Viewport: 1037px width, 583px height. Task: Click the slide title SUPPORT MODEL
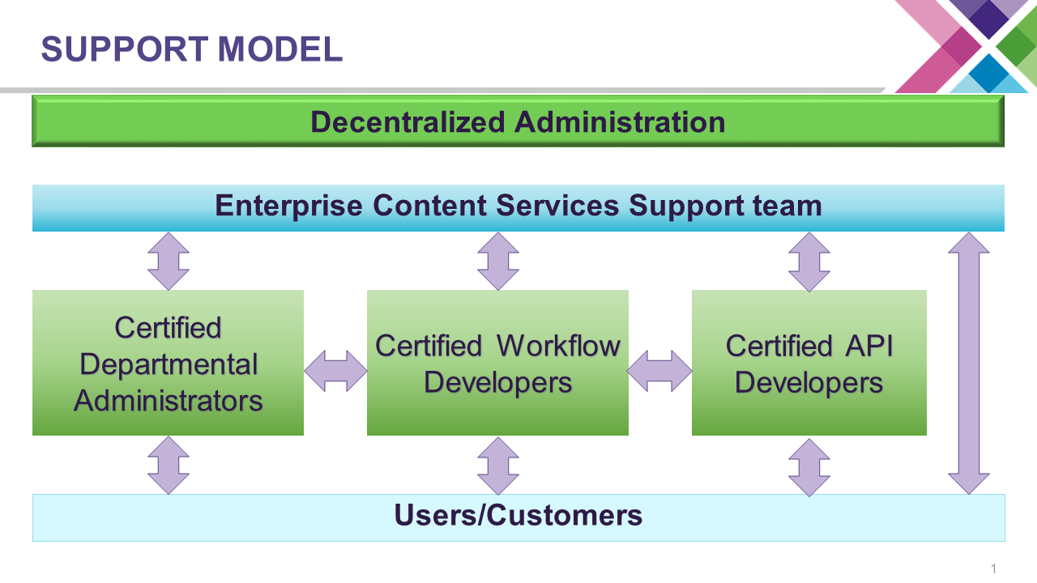[192, 49]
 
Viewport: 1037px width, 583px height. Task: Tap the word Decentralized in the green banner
[408, 122]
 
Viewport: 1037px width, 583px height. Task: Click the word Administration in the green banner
[620, 122]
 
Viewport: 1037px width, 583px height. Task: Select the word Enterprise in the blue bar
[288, 206]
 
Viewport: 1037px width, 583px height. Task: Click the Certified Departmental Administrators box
[168, 363]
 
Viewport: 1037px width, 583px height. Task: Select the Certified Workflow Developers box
[497, 363]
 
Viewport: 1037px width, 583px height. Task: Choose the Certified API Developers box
[809, 363]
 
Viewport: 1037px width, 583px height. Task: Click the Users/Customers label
[518, 516]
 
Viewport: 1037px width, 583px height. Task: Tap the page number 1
[993, 568]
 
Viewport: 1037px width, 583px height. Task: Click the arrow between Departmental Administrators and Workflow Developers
[335, 371]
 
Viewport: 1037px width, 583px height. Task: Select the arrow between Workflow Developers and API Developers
[659, 371]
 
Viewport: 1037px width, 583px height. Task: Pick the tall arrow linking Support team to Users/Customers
[969, 363]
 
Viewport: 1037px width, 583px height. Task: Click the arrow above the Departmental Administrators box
[169, 261]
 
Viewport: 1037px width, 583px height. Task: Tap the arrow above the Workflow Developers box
[497, 261]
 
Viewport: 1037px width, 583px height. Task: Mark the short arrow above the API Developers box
[809, 261]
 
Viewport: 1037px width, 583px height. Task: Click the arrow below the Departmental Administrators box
[169, 465]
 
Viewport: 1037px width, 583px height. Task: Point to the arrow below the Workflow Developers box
[497, 465]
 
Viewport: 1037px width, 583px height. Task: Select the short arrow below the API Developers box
[809, 466]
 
